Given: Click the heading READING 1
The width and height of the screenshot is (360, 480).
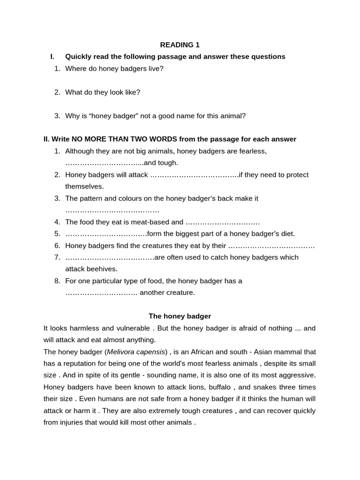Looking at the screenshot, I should [180, 45].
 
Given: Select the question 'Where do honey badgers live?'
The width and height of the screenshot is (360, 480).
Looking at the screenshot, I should [114, 68].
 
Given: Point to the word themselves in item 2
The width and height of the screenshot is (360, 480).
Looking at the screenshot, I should [84, 187].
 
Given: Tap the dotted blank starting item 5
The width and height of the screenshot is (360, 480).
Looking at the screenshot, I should [106, 234].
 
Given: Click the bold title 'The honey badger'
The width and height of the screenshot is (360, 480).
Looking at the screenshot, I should [180, 316].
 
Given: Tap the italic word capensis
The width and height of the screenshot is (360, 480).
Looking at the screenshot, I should [151, 352].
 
